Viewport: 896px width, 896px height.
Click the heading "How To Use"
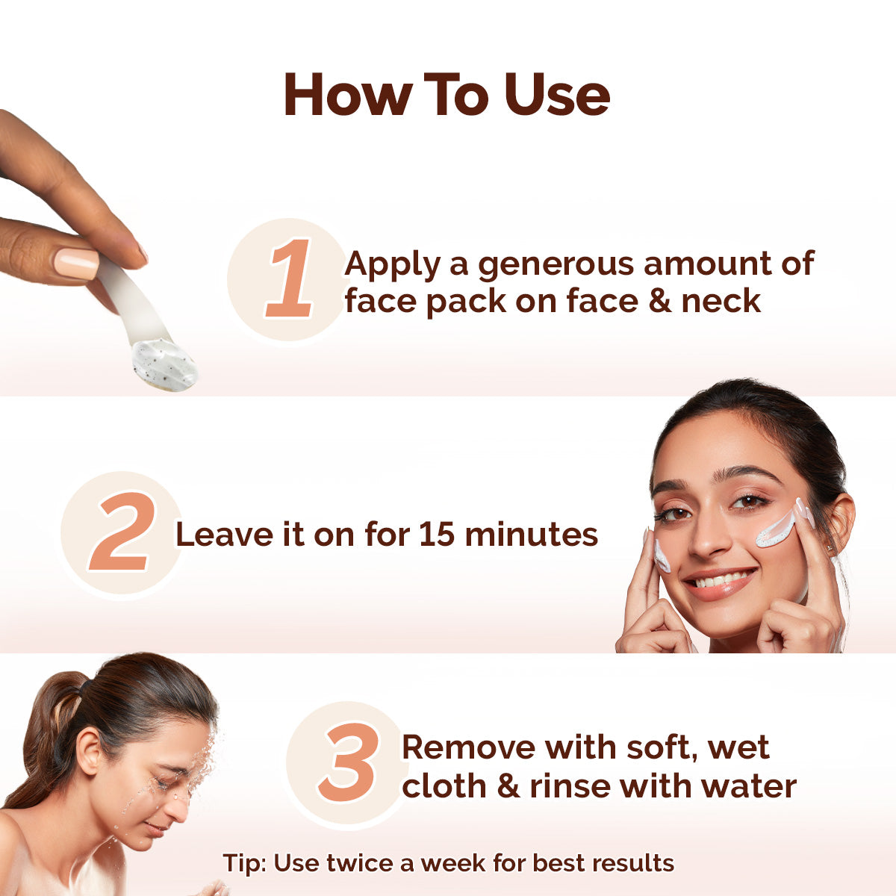pos(447,96)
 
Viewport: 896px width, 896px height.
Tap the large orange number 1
pos(290,279)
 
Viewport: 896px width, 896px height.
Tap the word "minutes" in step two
pos(531,535)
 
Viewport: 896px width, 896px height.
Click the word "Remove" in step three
pos(467,747)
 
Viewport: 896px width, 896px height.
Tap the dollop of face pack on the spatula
pos(164,364)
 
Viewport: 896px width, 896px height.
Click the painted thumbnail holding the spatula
pos(76,263)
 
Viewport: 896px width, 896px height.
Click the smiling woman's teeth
pos(721,579)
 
